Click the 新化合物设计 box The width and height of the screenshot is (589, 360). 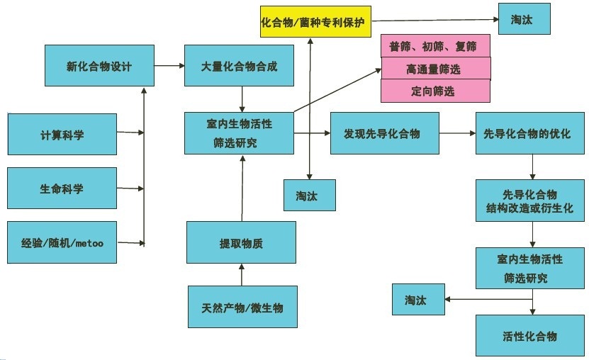(x=99, y=67)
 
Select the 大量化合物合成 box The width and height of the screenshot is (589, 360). (x=239, y=67)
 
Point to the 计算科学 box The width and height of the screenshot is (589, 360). (x=62, y=134)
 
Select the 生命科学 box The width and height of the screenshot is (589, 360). (x=62, y=189)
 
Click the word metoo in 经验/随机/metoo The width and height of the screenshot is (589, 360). (x=88, y=243)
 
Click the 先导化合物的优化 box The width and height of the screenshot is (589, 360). (x=530, y=133)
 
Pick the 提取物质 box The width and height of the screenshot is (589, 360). (x=241, y=243)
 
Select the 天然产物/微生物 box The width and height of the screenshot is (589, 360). (x=242, y=308)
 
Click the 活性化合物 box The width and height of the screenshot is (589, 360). (x=530, y=336)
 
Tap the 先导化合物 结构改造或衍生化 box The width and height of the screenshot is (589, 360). (x=530, y=201)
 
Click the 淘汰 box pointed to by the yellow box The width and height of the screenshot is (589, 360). (x=525, y=20)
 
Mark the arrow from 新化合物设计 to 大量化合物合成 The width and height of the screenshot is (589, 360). (x=168, y=67)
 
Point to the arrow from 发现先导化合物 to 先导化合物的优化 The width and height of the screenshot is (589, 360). (x=456, y=133)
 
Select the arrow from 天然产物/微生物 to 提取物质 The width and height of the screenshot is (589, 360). (x=242, y=275)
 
